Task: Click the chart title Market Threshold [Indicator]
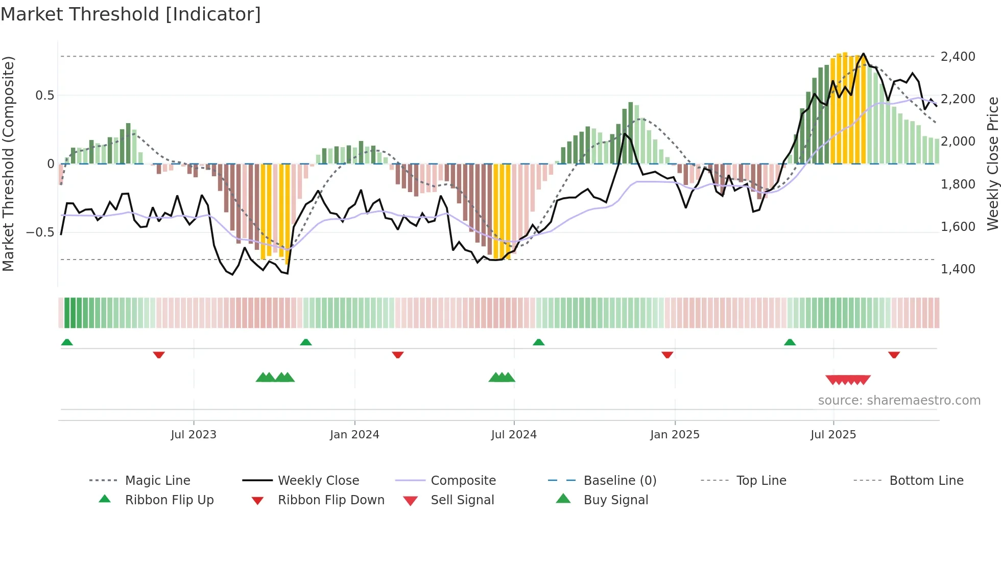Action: coord(131,14)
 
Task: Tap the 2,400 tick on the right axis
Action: coord(958,56)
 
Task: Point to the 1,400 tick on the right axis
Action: coord(958,269)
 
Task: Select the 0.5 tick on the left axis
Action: coord(44,96)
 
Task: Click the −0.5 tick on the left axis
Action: coord(40,232)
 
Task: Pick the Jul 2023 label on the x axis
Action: coord(194,435)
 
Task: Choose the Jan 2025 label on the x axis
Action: coord(675,435)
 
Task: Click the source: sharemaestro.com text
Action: coord(899,401)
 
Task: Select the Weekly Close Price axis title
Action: coord(992,163)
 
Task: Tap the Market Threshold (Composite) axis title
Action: coord(8,163)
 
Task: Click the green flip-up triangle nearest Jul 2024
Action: coord(538,342)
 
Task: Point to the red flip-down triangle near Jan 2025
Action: coord(667,355)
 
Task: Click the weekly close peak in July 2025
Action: coord(863,54)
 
